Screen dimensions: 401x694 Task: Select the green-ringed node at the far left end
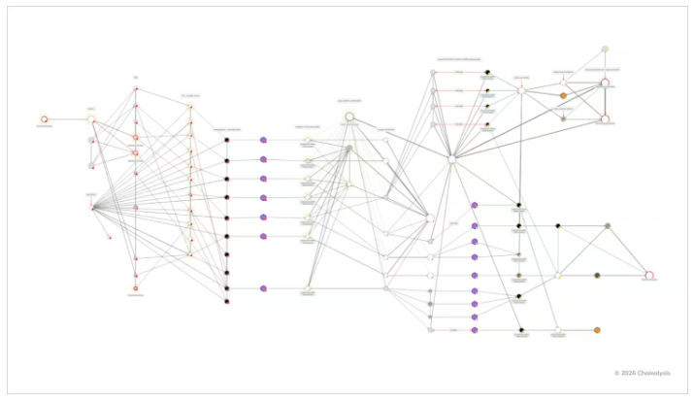(44, 118)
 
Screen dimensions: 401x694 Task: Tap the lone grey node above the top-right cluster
(605, 49)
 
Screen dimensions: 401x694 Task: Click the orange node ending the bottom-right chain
(597, 330)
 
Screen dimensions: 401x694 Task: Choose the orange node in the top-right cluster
(563, 95)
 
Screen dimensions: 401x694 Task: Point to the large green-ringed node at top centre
(349, 117)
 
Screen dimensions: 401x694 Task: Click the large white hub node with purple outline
(451, 159)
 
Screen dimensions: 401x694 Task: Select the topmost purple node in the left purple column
(263, 140)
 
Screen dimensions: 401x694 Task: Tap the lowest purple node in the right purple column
(475, 330)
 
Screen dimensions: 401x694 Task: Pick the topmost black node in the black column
(226, 140)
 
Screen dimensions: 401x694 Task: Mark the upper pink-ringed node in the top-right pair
(605, 83)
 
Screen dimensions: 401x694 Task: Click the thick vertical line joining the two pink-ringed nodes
(605, 101)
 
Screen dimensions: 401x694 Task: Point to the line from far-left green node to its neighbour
(67, 118)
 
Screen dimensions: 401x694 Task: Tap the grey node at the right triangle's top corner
(608, 225)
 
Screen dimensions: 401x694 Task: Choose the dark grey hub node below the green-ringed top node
(348, 149)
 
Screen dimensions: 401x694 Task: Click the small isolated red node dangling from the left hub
(109, 236)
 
